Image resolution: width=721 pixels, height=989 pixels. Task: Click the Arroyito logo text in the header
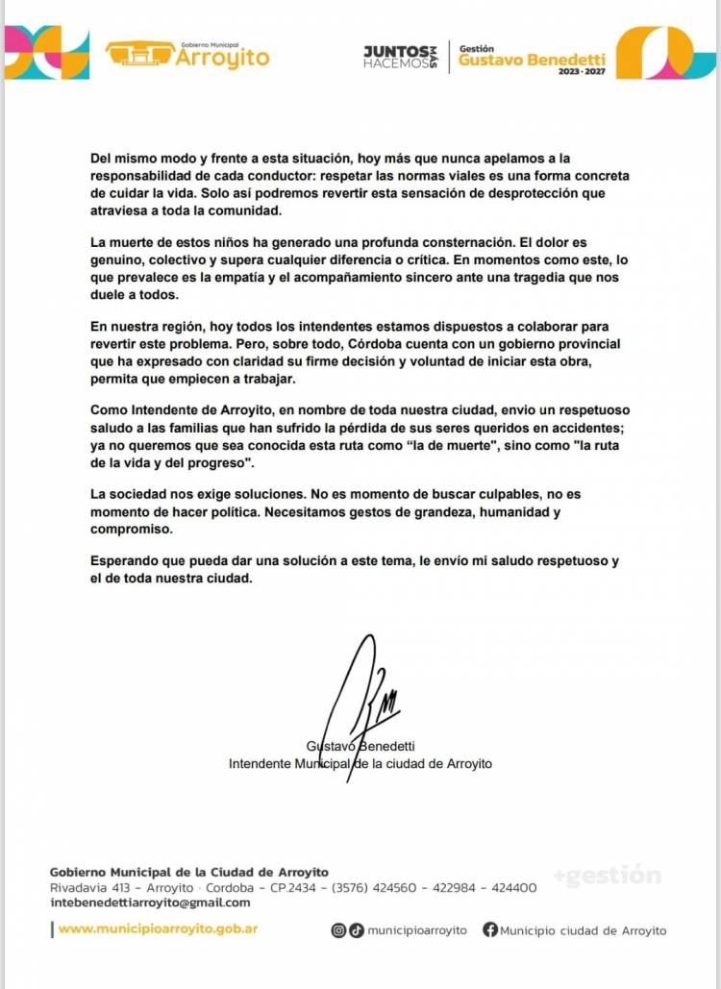coord(222,58)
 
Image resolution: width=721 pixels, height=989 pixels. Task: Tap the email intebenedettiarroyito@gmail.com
coord(150,902)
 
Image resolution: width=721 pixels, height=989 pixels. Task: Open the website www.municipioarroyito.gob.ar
coord(158,929)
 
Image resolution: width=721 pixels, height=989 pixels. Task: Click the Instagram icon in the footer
coord(338,930)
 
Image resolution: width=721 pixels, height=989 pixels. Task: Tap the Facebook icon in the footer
coord(490,930)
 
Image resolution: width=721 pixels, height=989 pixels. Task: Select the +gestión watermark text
coord(607,876)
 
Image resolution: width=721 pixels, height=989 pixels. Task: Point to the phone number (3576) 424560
coord(371,888)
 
